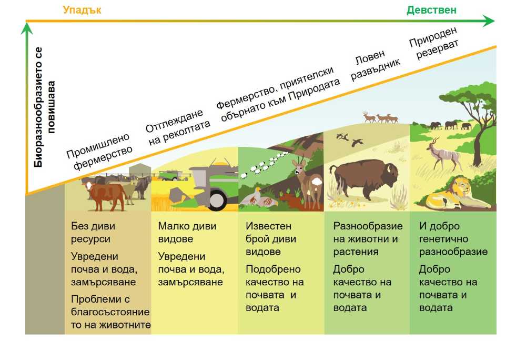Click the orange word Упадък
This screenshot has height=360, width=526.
[82, 10]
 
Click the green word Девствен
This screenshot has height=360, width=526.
[431, 10]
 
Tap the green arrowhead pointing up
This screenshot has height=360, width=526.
[26, 28]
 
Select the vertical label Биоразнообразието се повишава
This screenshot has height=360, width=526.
[44, 107]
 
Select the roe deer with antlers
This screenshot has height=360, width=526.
[307, 183]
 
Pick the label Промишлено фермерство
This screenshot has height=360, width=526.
[99, 151]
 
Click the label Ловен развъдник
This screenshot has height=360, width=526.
[375, 65]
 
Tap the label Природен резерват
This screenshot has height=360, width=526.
[434, 43]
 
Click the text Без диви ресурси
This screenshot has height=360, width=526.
[93, 232]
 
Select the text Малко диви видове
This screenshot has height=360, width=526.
[187, 232]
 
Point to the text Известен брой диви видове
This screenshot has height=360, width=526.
[271, 238]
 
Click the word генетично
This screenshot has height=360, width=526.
[443, 239]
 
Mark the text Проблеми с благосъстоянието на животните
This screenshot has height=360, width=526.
[110, 312]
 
